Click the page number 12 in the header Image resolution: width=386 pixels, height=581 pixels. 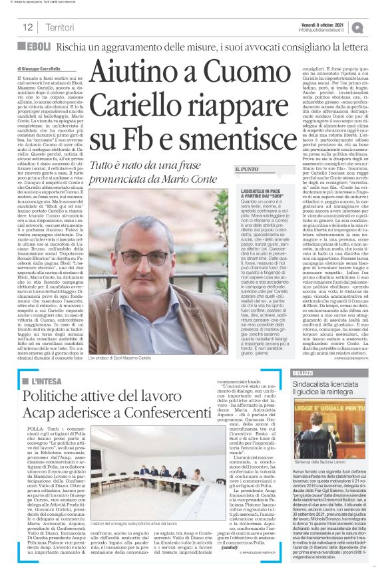pyautogui.click(x=28, y=27)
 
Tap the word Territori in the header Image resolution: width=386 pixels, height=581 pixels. pyautogui.click(x=60, y=27)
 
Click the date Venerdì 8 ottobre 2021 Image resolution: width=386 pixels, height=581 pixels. pyautogui.click(x=323, y=23)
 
